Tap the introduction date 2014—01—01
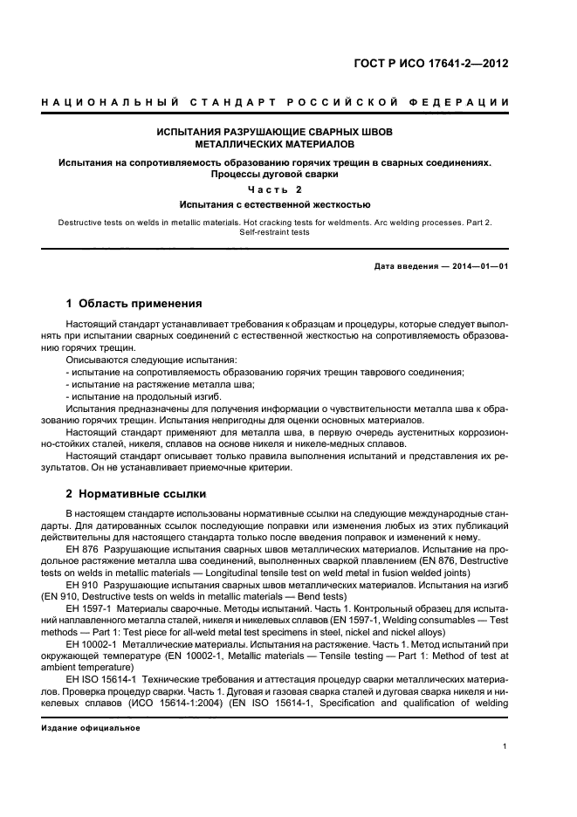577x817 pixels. (x=478, y=265)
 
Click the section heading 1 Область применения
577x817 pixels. (x=134, y=305)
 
